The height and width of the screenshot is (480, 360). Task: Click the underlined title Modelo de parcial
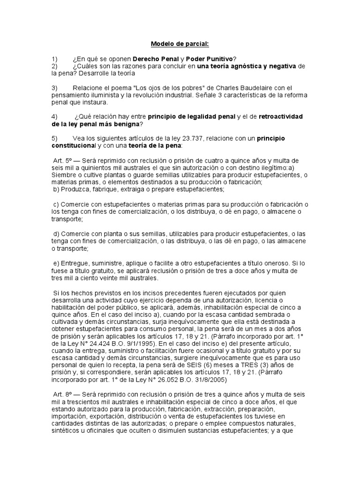tap(180, 45)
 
